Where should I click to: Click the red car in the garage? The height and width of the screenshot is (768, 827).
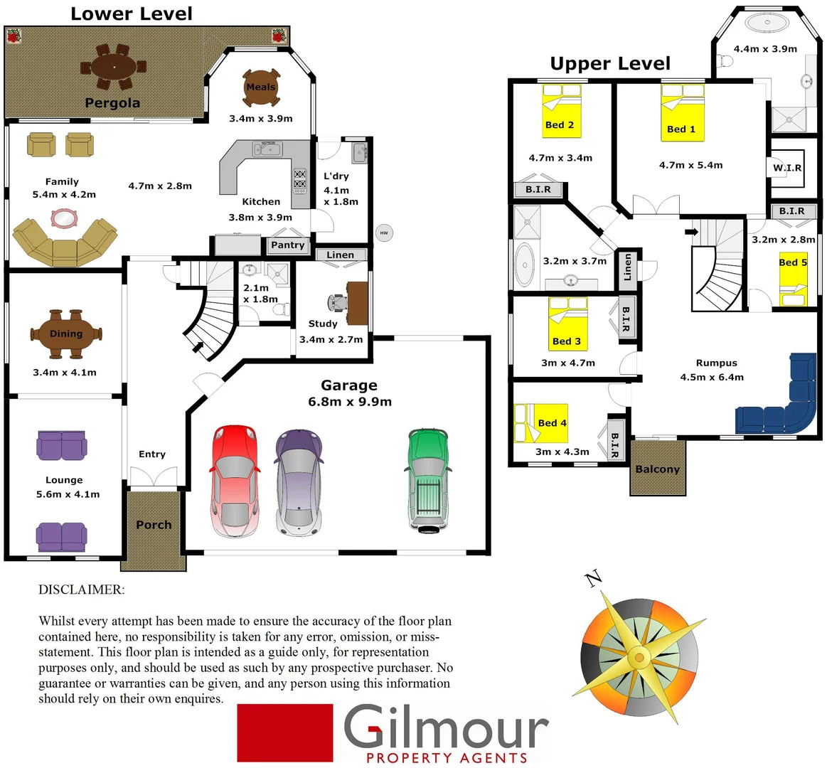pyautogui.click(x=233, y=481)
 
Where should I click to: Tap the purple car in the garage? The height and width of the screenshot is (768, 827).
pyautogui.click(x=299, y=481)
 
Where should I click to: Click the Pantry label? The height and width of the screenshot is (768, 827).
pyautogui.click(x=288, y=245)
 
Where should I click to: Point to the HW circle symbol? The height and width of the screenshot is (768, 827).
pyautogui.click(x=384, y=233)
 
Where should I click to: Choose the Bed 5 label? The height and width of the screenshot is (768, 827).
pyautogui.click(x=793, y=262)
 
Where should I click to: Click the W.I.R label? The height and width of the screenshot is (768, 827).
pyautogui.click(x=787, y=168)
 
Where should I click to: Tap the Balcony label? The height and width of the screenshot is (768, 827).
pyautogui.click(x=658, y=469)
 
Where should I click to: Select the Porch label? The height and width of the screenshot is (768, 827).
pyautogui.click(x=154, y=525)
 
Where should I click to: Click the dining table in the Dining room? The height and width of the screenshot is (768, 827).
pyautogui.click(x=66, y=334)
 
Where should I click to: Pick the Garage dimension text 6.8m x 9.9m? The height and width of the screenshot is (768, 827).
pyautogui.click(x=350, y=402)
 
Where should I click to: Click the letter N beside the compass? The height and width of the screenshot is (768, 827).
pyautogui.click(x=594, y=579)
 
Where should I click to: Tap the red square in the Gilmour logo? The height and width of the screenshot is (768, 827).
pyautogui.click(x=284, y=733)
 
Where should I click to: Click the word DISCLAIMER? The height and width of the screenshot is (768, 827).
pyautogui.click(x=81, y=590)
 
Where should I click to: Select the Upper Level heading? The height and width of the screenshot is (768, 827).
pyautogui.click(x=610, y=64)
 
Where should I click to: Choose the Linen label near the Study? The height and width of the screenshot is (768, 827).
pyautogui.click(x=340, y=255)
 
